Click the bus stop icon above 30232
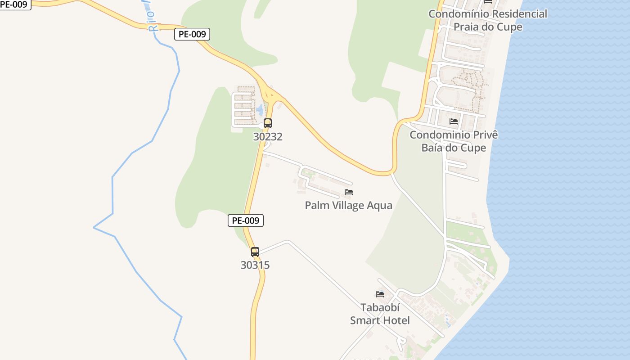pos(268,123)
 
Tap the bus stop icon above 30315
pos(255,252)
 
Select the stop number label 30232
pos(268,137)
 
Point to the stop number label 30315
pos(255,265)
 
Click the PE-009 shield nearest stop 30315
pos(245,220)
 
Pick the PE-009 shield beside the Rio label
pos(192,34)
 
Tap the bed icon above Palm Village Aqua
pos(349,192)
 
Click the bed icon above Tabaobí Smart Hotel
pos(380,294)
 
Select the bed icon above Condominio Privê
pos(454,121)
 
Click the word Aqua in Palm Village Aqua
pos(380,206)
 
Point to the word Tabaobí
pos(380,308)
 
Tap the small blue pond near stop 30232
pos(260,109)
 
